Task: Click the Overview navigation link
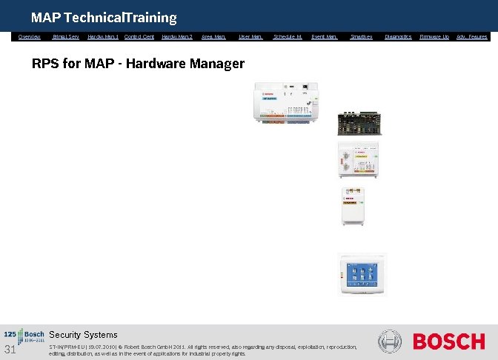30,36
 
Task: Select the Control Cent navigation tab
139,36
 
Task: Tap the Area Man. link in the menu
213,36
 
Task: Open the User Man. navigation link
250,36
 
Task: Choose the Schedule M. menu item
288,36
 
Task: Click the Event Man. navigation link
325,36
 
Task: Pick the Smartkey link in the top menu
362,36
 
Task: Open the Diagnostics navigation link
399,36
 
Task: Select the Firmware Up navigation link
434,36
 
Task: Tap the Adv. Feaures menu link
472,36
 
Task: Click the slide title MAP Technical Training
104,17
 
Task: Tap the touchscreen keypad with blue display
361,273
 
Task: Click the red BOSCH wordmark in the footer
448,341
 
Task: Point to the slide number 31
10,350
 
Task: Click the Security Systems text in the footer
83,335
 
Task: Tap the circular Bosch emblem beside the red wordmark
390,341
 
